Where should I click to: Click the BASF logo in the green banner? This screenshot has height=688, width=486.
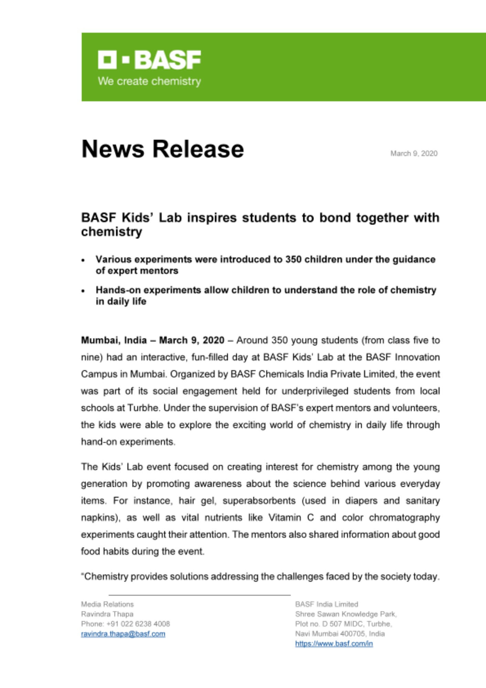149,60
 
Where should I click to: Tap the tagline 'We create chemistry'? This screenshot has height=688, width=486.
149,81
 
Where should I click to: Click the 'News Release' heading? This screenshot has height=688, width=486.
162,149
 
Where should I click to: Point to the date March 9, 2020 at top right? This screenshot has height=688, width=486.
414,153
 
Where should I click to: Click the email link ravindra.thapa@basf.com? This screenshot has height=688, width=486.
123,634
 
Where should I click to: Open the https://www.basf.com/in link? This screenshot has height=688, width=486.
334,644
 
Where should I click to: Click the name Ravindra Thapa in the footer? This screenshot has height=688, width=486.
107,614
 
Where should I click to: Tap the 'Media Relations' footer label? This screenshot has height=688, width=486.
107,604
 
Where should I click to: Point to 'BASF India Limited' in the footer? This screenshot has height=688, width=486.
326,604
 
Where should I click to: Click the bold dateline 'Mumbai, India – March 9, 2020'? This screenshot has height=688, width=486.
152,340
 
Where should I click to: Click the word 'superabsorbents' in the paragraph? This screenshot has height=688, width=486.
259,501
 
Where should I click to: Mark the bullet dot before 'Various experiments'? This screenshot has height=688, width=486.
83,260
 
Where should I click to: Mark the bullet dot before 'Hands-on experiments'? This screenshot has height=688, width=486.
83,291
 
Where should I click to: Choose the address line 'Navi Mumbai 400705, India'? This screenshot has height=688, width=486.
339,634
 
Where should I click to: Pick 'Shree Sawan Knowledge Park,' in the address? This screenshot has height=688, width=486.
346,614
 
